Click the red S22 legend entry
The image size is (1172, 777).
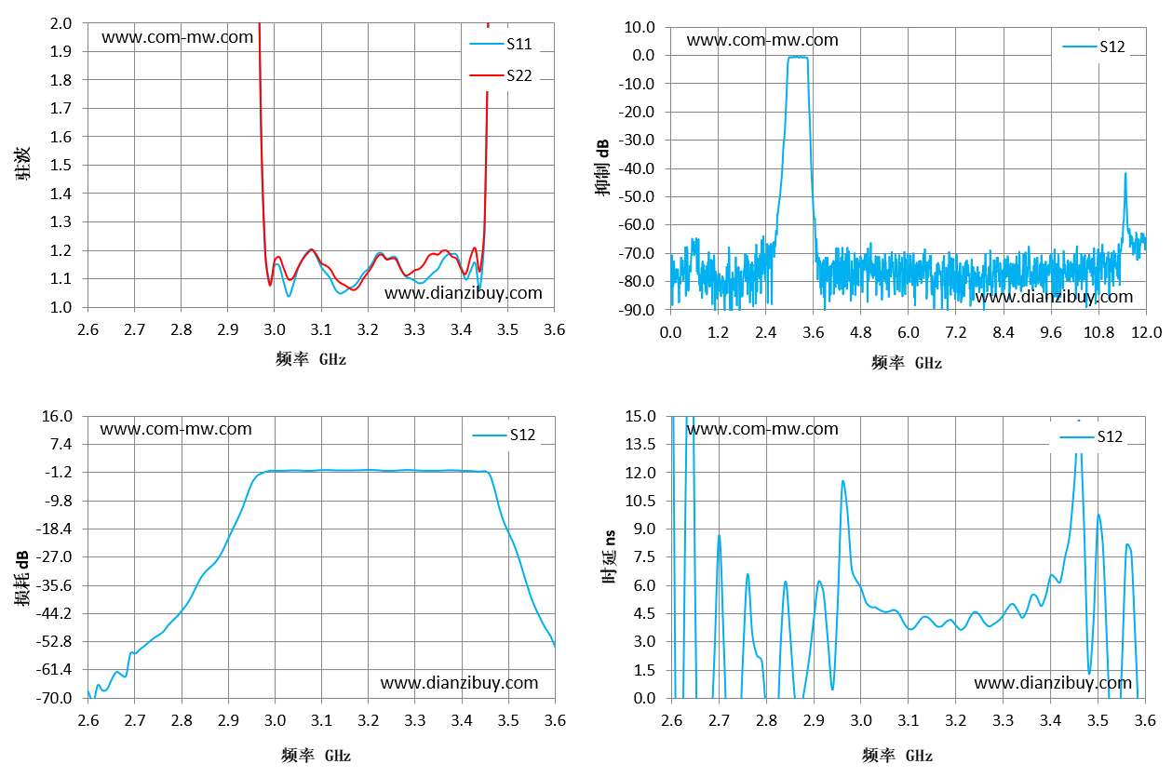pos(501,75)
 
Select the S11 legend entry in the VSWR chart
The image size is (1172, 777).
pos(501,44)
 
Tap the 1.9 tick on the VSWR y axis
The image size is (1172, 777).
pos(61,51)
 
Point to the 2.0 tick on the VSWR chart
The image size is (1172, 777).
pos(61,23)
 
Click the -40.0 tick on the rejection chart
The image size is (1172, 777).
pos(636,168)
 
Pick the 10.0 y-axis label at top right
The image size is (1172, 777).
pos(640,27)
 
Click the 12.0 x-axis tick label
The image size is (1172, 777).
pos(1146,332)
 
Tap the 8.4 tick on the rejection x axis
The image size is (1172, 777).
pos(1003,332)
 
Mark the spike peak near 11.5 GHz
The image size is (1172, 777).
pos(1125,174)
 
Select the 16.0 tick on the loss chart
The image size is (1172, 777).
pos(57,416)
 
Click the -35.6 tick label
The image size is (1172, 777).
pos(54,585)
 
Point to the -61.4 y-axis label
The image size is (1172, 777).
pos(54,669)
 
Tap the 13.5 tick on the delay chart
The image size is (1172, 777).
pos(640,445)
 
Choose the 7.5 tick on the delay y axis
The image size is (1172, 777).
pos(644,556)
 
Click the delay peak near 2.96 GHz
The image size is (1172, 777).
pos(842,481)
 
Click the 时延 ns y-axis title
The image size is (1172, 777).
pos(610,556)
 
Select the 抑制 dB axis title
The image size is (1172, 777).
pos(602,167)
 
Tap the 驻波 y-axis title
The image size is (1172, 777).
pos(22,164)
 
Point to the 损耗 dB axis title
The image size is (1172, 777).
pos(22,579)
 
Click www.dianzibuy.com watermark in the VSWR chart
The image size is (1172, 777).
pos(463,293)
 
